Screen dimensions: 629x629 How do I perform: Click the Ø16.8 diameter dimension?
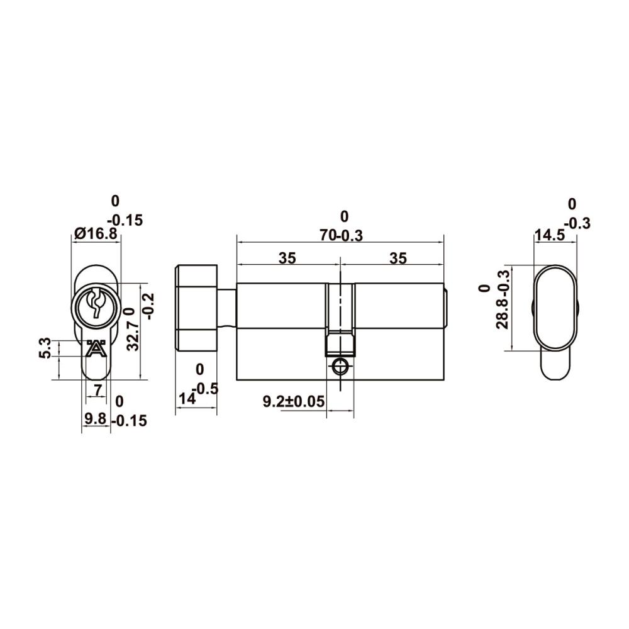pyautogui.click(x=96, y=233)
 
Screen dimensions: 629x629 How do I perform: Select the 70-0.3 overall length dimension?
pyautogui.click(x=341, y=235)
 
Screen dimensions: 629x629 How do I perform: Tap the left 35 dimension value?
pyautogui.click(x=287, y=258)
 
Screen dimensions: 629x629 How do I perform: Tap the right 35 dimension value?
pyautogui.click(x=398, y=258)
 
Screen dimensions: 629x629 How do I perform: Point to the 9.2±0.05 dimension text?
pyautogui.click(x=294, y=401)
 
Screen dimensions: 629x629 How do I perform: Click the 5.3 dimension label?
pyautogui.click(x=46, y=348)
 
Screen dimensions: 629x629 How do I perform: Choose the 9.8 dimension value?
pyautogui.click(x=96, y=419)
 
